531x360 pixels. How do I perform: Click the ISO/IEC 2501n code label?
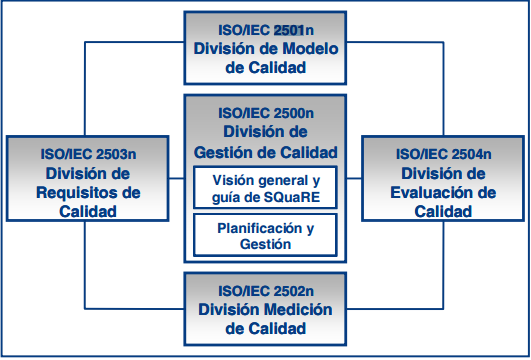(x=265, y=30)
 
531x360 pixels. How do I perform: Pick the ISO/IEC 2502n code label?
(x=265, y=290)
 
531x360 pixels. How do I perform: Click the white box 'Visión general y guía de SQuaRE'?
(x=265, y=188)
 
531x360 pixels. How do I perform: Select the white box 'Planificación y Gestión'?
(x=265, y=236)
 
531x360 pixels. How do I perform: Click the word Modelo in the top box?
(x=303, y=49)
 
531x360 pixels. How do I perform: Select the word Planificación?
(x=257, y=227)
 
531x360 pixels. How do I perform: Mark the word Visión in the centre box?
(x=233, y=180)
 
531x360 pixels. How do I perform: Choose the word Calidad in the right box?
(x=443, y=211)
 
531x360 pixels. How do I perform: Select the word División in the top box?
(x=228, y=49)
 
